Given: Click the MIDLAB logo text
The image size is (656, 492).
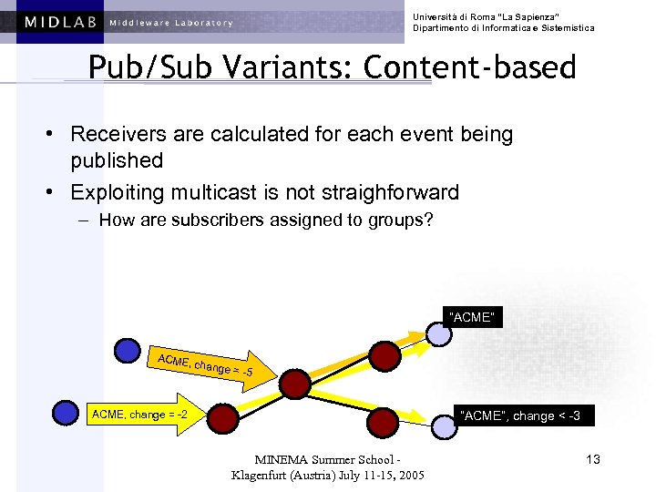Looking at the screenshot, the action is point(61,22).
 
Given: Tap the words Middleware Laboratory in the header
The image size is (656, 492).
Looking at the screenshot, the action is point(170,23).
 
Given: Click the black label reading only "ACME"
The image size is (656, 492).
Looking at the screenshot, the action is point(472,317).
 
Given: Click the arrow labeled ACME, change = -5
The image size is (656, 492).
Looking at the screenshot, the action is point(208,365).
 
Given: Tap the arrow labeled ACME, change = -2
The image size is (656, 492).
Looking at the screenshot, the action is point(141,415).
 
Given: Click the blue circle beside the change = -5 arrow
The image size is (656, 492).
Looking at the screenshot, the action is point(128,350).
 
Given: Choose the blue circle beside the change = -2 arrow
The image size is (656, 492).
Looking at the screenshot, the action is point(66,413).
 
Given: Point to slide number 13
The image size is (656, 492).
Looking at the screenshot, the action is point(593,459).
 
